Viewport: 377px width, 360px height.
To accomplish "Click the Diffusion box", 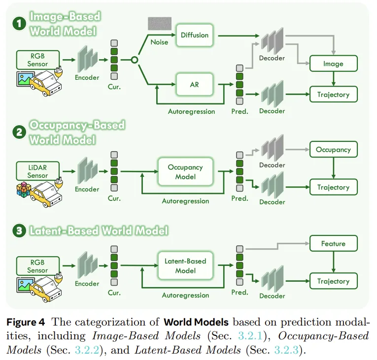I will [194, 35].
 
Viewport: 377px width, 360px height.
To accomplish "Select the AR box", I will [194, 85].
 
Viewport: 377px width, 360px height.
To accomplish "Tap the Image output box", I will [333, 64].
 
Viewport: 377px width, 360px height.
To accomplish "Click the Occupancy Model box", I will [185, 172].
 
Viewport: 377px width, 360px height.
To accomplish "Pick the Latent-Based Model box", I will [185, 266].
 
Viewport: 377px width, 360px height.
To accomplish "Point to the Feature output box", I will [333, 243].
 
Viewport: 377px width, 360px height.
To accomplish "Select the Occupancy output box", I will [333, 149].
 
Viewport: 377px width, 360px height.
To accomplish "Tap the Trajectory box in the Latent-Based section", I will [333, 281].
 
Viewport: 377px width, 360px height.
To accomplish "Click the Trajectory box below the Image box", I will [333, 95].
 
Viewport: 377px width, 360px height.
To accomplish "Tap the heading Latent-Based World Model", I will [99, 230].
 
